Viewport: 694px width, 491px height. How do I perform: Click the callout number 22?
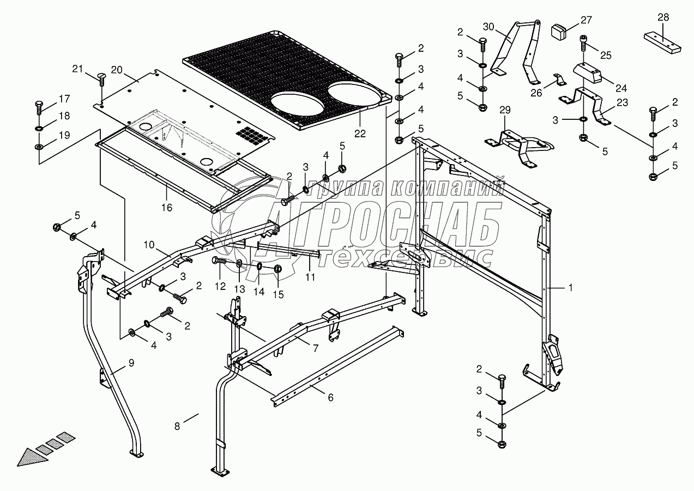click(x=360, y=134)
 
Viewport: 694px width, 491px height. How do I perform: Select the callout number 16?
click(x=167, y=207)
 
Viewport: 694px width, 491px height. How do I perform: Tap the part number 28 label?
click(x=663, y=17)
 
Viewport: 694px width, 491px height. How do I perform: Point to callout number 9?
click(x=131, y=363)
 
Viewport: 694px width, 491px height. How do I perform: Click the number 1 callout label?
click(x=570, y=288)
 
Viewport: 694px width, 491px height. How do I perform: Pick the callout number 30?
click(x=488, y=27)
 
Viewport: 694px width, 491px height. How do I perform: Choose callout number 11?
click(x=310, y=277)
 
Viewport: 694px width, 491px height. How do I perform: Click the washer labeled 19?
click(x=39, y=146)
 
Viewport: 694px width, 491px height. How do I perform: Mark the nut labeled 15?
click(x=278, y=269)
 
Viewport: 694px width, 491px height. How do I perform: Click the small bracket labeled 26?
click(x=560, y=80)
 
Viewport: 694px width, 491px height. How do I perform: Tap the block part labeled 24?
click(x=588, y=73)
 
